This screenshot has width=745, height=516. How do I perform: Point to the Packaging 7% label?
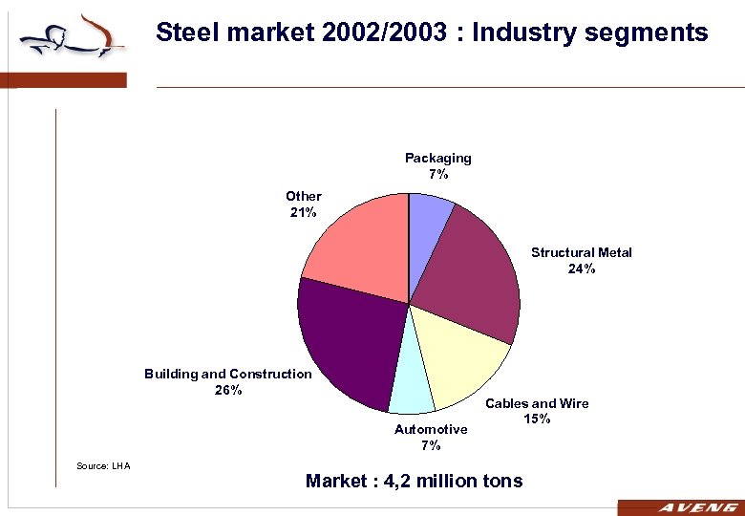tap(437, 166)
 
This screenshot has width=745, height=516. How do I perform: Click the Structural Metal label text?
tap(581, 252)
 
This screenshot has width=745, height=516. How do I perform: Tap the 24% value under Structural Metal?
tap(581, 269)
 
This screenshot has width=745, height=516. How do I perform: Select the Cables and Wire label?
tap(537, 403)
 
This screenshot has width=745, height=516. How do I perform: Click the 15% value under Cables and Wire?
tap(537, 419)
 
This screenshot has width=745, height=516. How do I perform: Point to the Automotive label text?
tap(431, 429)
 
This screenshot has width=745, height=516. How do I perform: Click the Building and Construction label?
tap(227, 374)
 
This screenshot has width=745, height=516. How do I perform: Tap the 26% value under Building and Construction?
tap(227, 390)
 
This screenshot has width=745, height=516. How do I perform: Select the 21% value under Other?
tap(303, 212)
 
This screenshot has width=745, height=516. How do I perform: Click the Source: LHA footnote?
tap(102, 465)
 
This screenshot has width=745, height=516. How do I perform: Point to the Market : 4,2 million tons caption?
tap(414, 481)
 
